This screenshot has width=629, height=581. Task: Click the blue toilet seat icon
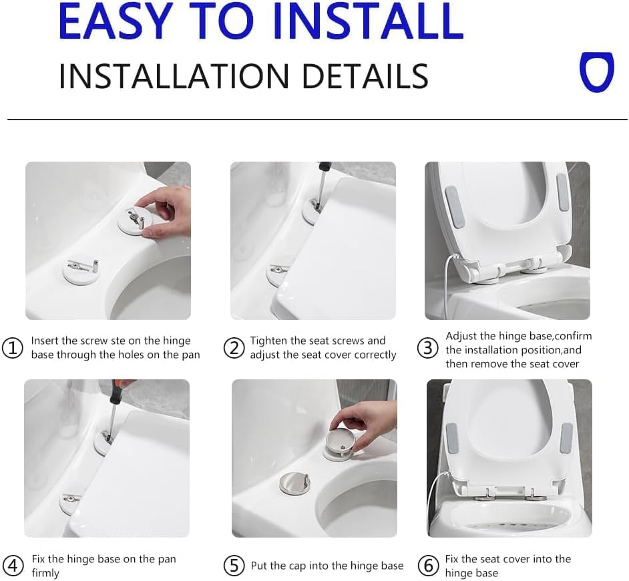(x=596, y=73)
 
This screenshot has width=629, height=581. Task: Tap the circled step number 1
(x=13, y=348)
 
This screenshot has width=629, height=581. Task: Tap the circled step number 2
(x=234, y=348)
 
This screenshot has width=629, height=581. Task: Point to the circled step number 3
(x=428, y=349)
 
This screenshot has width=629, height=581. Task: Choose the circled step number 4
(x=13, y=565)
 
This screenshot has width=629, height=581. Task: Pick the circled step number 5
(x=234, y=566)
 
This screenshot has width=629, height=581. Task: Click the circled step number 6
(x=428, y=565)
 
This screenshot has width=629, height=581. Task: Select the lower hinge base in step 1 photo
(x=79, y=269)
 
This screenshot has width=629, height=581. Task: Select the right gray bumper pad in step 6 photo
(x=566, y=436)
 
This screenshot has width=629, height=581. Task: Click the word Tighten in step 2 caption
(x=270, y=341)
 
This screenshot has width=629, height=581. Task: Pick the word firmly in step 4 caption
(x=45, y=573)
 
